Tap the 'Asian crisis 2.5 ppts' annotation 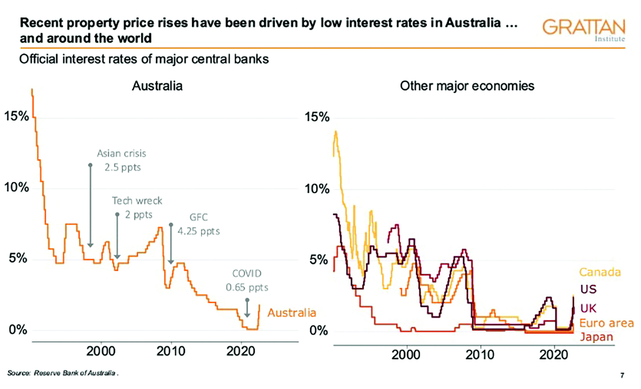coord(122,160)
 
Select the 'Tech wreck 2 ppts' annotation coord(137,207)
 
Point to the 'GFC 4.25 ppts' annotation coord(199,224)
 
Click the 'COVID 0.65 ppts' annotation coord(247,280)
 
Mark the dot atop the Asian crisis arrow coord(90,165)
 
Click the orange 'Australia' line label coord(291,313)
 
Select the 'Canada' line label coord(600,272)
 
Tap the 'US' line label coord(588,289)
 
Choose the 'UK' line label coord(588,308)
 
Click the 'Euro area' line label coord(606,323)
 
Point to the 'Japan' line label coord(596,337)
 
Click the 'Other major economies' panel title coord(467,86)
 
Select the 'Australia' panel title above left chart coord(157,86)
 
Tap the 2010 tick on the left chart coord(171,351)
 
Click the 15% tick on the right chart coord(317,117)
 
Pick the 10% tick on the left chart coord(16,188)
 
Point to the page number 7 coord(622,375)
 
